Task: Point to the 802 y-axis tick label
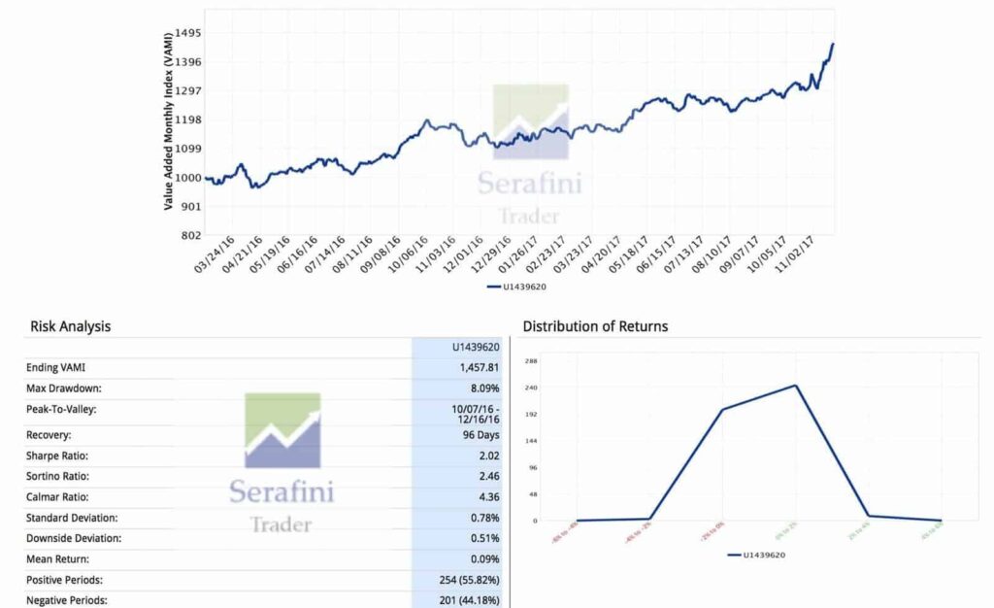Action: click(190, 235)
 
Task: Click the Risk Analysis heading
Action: click(70, 326)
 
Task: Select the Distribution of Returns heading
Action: click(595, 326)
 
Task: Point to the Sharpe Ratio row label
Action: click(60, 456)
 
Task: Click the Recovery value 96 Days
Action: click(479, 435)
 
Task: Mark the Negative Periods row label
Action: click(67, 600)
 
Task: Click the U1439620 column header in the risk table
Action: click(476, 347)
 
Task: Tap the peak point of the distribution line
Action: click(796, 386)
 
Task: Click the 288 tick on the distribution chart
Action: click(530, 360)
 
